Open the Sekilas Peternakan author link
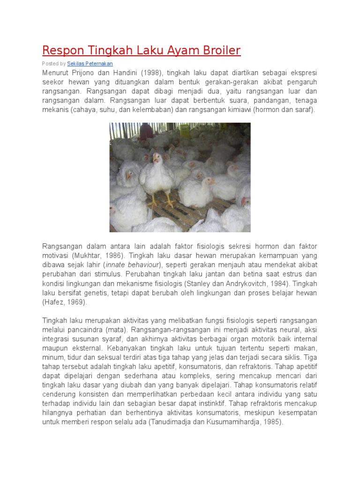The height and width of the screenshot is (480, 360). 90,63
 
